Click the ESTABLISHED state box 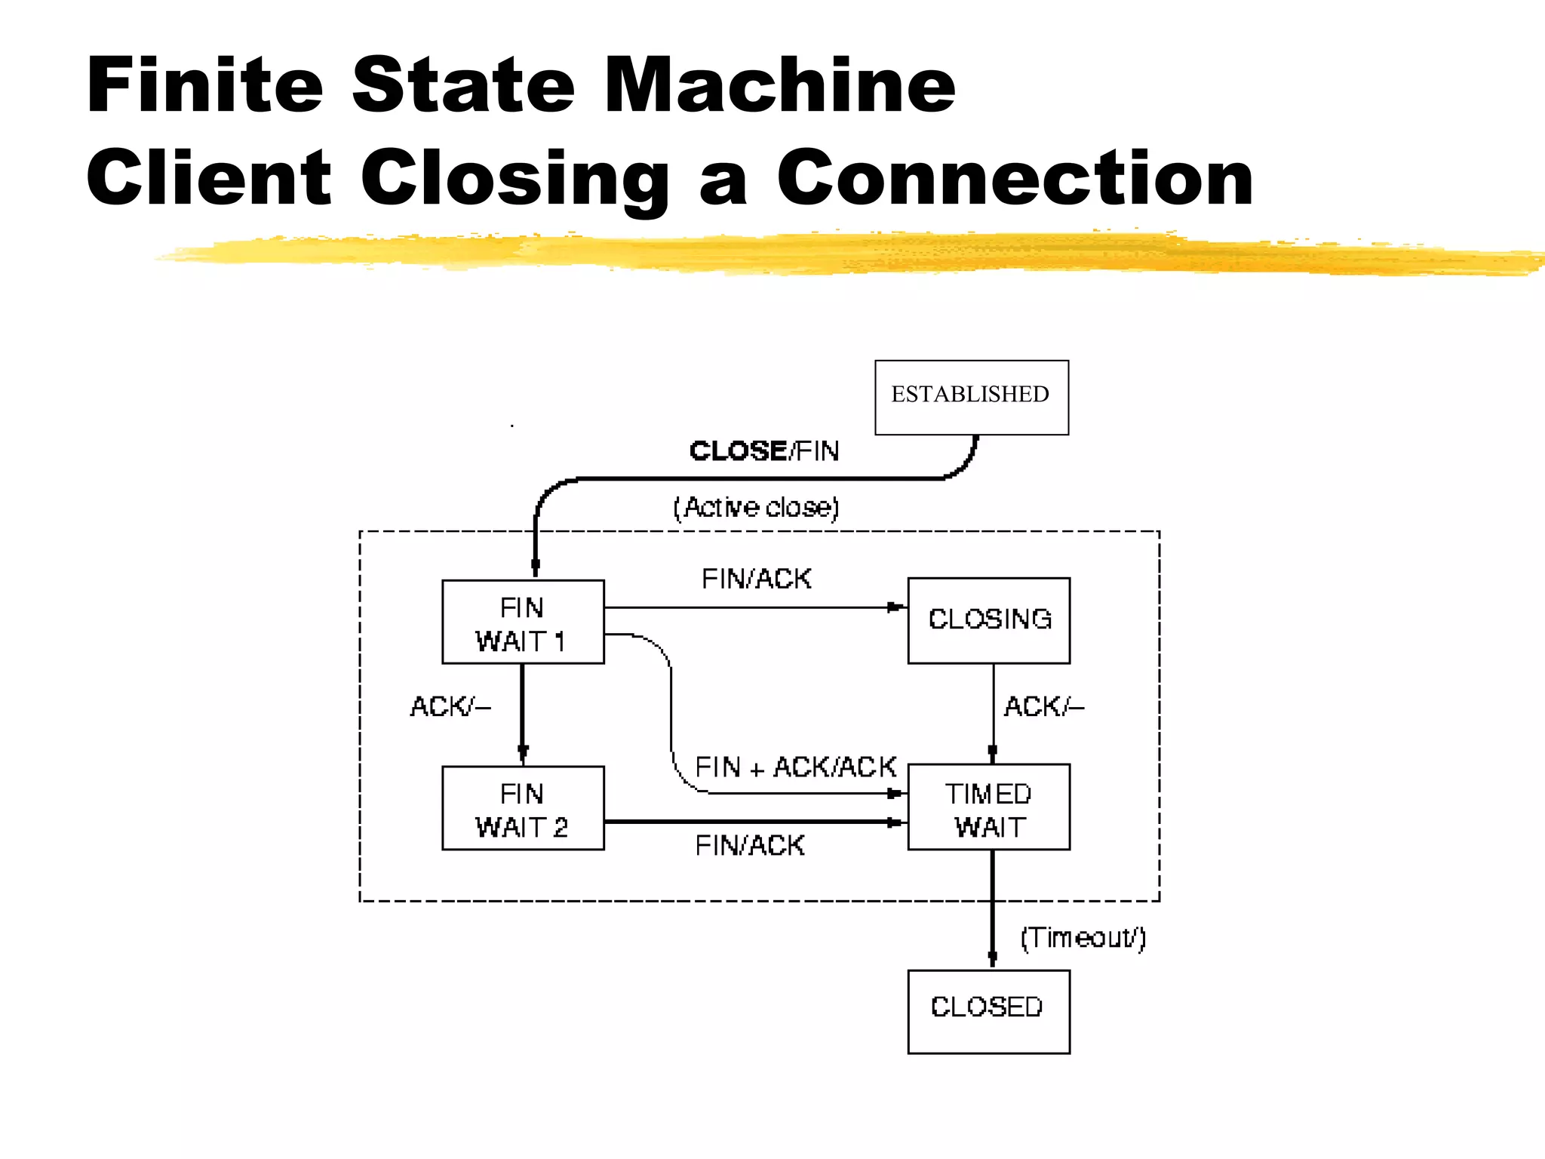pyautogui.click(x=971, y=397)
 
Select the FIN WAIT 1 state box pyautogui.click(x=522, y=622)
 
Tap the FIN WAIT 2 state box pyautogui.click(x=522, y=808)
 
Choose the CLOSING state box pyautogui.click(x=988, y=620)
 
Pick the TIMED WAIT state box pyautogui.click(x=988, y=807)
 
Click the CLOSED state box pyautogui.click(x=988, y=1011)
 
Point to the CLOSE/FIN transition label pyautogui.click(x=763, y=450)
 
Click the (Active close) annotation pyautogui.click(x=756, y=507)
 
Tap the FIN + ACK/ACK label pyautogui.click(x=795, y=767)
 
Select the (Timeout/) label pyautogui.click(x=1083, y=938)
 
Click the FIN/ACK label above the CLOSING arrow pyautogui.click(x=756, y=579)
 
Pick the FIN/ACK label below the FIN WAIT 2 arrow pyautogui.click(x=750, y=846)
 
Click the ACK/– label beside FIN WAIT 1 pyautogui.click(x=450, y=706)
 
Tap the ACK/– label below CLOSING pyautogui.click(x=1043, y=706)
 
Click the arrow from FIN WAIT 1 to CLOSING pyautogui.click(x=754, y=607)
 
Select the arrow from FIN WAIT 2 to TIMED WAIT pyautogui.click(x=754, y=821)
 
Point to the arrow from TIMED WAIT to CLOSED pyautogui.click(x=992, y=909)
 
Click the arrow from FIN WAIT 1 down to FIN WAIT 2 pyautogui.click(x=522, y=714)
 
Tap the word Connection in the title pyautogui.click(x=1015, y=178)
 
